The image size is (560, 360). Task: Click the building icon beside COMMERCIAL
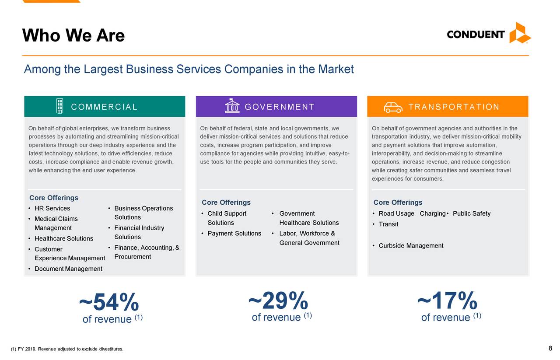(59, 106)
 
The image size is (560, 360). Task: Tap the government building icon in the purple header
(232, 106)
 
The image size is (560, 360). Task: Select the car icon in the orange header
(393, 108)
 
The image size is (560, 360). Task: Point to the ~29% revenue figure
(278, 301)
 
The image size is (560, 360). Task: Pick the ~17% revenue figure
(448, 301)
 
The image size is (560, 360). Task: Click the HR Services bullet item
(52, 208)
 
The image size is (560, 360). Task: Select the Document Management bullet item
(68, 269)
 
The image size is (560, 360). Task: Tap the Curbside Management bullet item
(411, 246)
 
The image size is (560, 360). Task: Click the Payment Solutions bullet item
(234, 234)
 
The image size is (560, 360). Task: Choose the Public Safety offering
(472, 213)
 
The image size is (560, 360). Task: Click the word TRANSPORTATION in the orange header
(454, 107)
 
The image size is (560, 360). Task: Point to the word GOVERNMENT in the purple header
(280, 107)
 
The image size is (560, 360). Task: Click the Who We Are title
(73, 35)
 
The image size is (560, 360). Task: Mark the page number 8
(550, 348)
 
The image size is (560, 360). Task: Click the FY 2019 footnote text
(67, 349)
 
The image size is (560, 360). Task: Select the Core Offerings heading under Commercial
(54, 198)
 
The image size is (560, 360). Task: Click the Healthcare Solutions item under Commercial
(64, 238)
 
